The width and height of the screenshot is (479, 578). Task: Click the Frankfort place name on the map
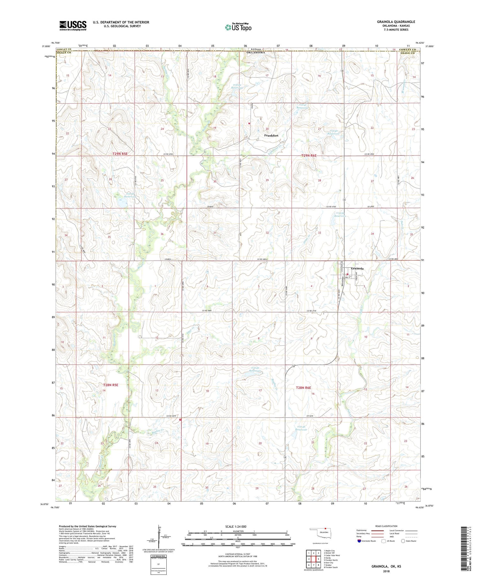pos(271,135)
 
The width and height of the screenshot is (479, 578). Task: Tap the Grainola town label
pos(357,268)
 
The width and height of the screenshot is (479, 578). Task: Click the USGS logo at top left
pos(73,26)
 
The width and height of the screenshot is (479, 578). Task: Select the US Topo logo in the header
pos(238,27)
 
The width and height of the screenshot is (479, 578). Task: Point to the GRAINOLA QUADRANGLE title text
pos(396,22)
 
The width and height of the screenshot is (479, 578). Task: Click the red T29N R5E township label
pos(120,154)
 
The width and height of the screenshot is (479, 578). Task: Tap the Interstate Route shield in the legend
pos(360,541)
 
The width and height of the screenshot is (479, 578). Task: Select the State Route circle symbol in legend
pos(403,541)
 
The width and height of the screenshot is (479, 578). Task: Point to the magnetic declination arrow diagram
pos(159,537)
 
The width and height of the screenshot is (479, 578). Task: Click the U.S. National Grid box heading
pos(158,556)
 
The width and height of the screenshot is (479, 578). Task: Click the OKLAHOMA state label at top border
pos(256,52)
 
